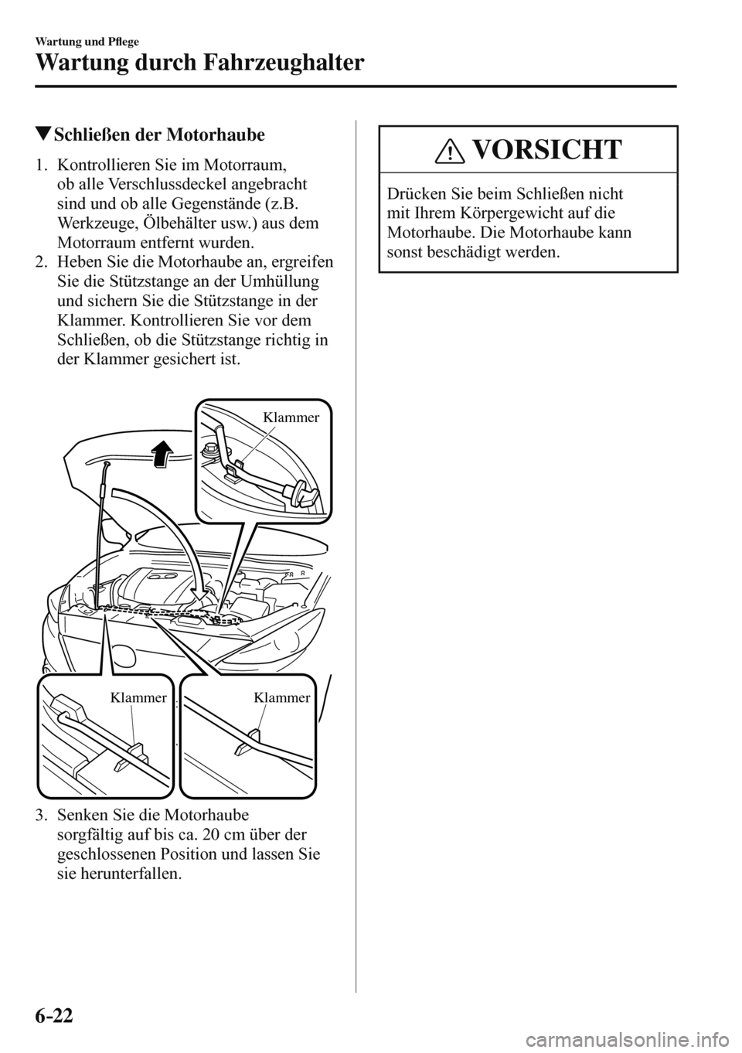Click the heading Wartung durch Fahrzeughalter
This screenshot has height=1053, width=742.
pos(197,62)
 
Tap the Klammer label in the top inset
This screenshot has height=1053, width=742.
pos(291,417)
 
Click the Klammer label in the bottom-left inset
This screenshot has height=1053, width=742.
pos(138,697)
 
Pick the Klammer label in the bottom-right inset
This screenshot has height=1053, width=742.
pos(281,697)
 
